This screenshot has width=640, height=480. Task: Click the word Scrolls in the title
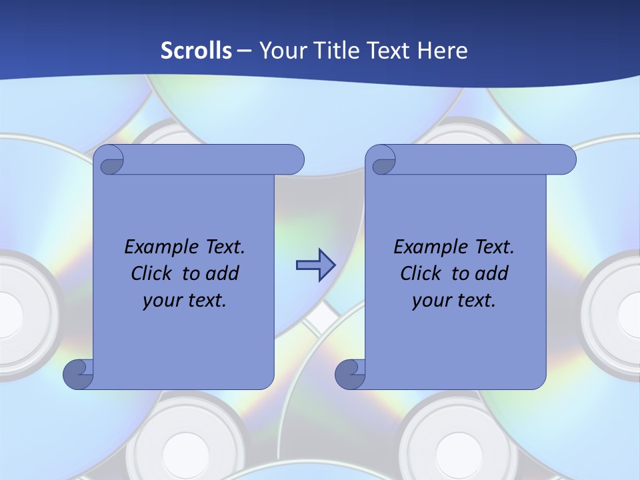(x=197, y=50)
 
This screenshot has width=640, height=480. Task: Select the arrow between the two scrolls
(x=315, y=265)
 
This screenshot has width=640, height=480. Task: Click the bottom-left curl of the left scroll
(x=79, y=374)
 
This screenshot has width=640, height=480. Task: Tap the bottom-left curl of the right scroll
(x=351, y=374)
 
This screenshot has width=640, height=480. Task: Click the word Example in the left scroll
(x=159, y=247)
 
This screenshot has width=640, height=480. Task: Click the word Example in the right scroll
(x=428, y=247)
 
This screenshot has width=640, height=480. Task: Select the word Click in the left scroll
(x=152, y=273)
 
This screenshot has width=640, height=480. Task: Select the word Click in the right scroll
(x=421, y=273)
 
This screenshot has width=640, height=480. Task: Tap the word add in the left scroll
(x=221, y=273)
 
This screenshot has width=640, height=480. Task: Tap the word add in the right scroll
(x=491, y=273)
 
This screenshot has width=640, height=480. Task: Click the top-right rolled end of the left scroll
(x=289, y=160)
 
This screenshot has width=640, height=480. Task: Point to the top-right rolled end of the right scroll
(x=561, y=160)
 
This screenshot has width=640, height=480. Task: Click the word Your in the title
(x=280, y=50)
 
